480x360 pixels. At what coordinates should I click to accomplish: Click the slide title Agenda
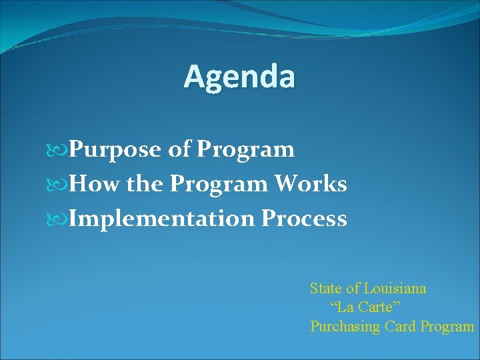[x=239, y=77]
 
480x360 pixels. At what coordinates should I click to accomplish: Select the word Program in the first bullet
[x=245, y=149]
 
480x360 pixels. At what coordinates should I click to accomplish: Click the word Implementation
[x=162, y=219]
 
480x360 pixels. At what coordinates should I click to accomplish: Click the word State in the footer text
[x=326, y=289]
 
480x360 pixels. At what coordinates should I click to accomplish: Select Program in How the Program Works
[x=213, y=184]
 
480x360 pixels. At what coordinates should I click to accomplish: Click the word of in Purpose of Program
[x=179, y=149]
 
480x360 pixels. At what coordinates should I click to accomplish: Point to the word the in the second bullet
[x=144, y=184]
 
